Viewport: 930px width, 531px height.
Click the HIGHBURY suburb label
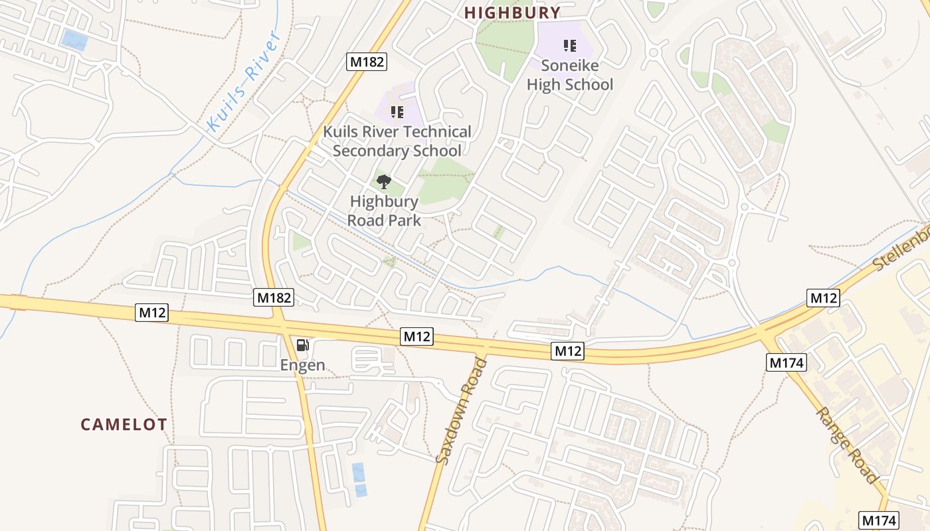tap(512, 13)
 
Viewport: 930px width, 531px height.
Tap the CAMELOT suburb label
tap(124, 424)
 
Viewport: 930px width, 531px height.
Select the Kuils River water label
tap(244, 81)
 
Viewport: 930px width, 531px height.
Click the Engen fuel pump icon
tap(302, 344)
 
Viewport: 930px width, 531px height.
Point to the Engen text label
tap(302, 364)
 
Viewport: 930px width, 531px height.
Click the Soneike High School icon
tap(569, 46)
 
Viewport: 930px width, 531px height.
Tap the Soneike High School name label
tap(569, 75)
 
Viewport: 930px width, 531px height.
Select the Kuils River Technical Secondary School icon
tap(397, 112)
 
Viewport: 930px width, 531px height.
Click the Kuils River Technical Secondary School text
tap(397, 141)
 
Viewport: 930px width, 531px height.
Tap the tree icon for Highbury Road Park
tap(383, 181)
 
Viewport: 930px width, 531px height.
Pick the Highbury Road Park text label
tap(384, 210)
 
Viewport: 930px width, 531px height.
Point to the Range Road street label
tap(848, 445)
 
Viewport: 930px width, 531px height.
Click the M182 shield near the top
tap(367, 62)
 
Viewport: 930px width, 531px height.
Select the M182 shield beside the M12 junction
tap(274, 297)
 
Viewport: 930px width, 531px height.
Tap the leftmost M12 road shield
tap(151, 313)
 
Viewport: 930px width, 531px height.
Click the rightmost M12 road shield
tap(823, 298)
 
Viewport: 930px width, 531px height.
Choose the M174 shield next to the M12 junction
tap(787, 362)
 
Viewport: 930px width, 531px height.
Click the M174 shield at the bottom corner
tap(879, 520)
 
